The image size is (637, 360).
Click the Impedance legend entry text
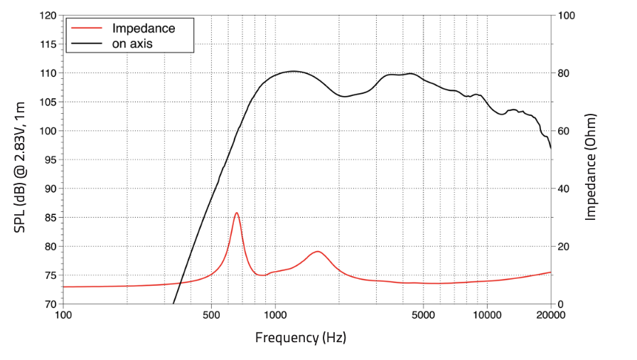[144, 28]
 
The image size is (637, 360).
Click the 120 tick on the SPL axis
[48, 15]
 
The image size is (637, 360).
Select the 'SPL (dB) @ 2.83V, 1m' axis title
[20, 159]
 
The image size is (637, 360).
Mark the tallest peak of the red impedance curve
[237, 213]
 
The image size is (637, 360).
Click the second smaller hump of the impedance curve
[317, 251]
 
